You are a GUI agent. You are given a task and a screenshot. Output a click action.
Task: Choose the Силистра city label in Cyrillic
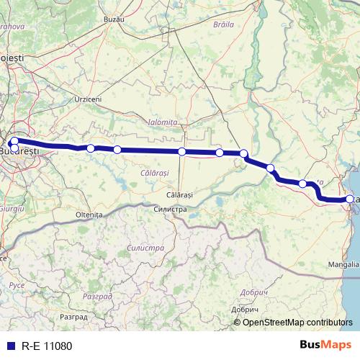click(171, 209)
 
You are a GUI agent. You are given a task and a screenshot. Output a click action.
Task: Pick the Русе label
click(16, 286)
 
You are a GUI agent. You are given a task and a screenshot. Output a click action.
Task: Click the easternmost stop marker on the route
click(350, 199)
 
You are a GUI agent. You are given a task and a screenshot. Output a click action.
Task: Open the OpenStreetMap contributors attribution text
click(297, 322)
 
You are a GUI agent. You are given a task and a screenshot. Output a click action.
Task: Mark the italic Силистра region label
click(141, 247)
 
